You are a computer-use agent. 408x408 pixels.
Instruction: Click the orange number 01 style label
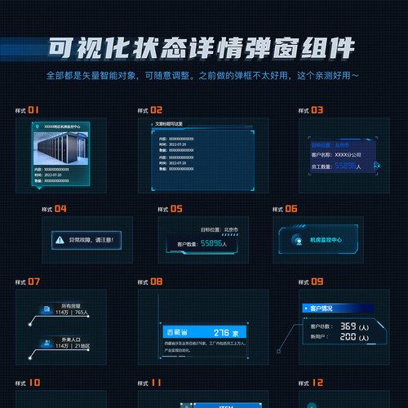(x=33, y=109)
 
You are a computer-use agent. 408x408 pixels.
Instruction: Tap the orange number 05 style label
(x=176, y=209)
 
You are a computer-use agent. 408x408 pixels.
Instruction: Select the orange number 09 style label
(x=317, y=282)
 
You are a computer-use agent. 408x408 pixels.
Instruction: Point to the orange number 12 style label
(x=317, y=381)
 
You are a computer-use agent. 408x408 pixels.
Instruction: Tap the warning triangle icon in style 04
(x=59, y=240)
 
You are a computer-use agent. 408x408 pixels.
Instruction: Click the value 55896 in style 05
(x=213, y=243)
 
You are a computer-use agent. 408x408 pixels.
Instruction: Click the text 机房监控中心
(x=326, y=240)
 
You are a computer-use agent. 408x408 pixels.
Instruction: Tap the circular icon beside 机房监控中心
(x=295, y=240)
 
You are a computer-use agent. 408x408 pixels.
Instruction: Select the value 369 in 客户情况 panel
(x=348, y=326)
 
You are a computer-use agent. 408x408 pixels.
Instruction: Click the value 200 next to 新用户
(x=348, y=337)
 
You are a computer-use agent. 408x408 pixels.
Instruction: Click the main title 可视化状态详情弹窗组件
(x=203, y=47)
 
